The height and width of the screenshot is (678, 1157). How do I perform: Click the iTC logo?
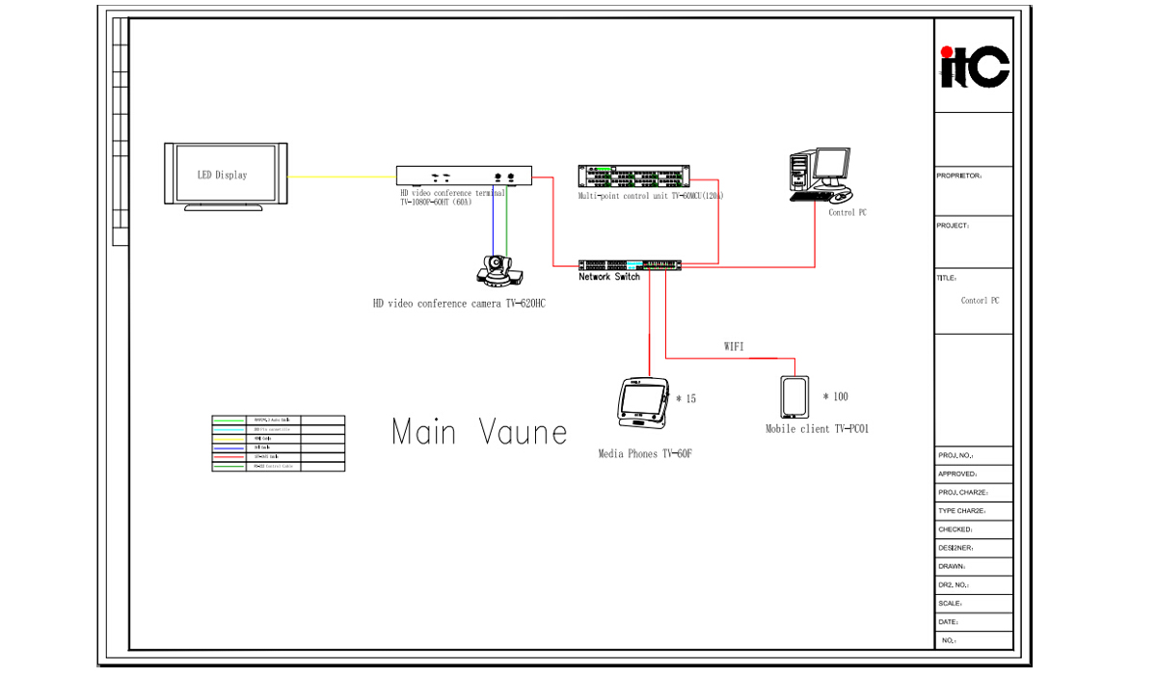(974, 67)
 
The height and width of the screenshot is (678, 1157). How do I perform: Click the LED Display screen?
(226, 175)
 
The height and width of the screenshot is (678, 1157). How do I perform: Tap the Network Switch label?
(609, 277)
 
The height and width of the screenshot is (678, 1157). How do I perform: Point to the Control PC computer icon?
(819, 175)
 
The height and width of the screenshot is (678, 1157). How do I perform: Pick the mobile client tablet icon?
(795, 396)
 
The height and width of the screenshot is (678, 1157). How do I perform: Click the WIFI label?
(734, 346)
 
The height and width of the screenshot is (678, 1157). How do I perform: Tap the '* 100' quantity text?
(835, 396)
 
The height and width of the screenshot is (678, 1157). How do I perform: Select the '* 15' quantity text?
(686, 398)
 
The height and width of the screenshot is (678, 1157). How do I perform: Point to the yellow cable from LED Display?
(341, 176)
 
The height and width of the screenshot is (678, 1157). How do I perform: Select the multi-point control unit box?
(633, 176)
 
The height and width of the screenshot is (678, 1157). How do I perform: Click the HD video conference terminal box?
(465, 176)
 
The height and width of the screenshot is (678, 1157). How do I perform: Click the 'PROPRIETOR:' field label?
(958, 176)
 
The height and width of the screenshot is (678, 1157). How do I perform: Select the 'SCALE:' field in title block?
(950, 604)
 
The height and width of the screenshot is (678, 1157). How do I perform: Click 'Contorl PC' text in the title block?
(980, 301)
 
